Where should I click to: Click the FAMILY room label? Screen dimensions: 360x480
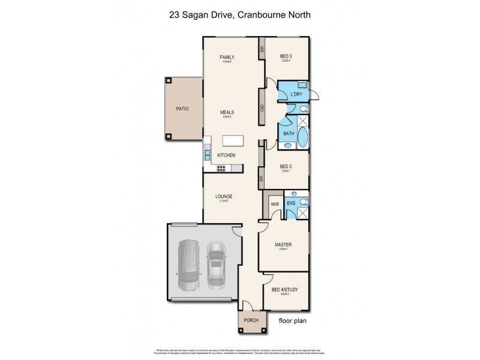tap(226, 56)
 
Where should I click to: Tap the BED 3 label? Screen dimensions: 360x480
tap(287, 56)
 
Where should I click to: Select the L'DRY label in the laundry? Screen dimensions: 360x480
tap(296, 95)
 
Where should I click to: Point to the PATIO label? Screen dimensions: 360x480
tap(182, 109)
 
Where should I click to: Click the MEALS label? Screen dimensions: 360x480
tap(227, 112)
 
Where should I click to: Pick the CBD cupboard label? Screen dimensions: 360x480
tap(262, 108)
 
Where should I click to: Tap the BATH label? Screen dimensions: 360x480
tap(288, 133)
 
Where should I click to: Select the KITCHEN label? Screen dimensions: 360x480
tap(226, 155)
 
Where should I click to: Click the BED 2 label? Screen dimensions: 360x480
tap(287, 167)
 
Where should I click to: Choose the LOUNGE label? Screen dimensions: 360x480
tap(224, 196)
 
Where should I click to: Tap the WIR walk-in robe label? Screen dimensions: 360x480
tap(275, 204)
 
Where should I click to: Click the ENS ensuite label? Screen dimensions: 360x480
tap(290, 204)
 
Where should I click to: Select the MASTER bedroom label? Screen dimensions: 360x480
tap(283, 244)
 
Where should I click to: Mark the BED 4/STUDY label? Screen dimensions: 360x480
tap(285, 290)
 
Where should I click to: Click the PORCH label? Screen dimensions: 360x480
tap(251, 320)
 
